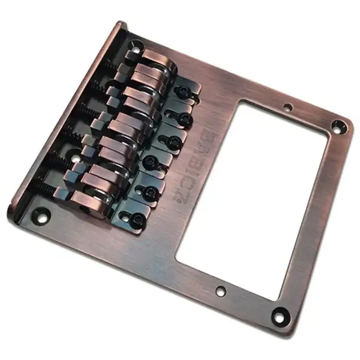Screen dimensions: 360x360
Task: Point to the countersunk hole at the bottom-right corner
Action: click(x=280, y=313)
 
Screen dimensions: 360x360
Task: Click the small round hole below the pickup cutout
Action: click(x=221, y=292)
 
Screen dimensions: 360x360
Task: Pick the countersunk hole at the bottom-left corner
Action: click(x=40, y=211)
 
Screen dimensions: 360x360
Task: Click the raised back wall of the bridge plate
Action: click(x=62, y=118)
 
